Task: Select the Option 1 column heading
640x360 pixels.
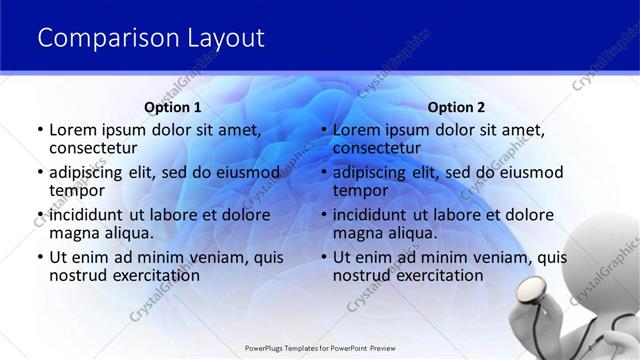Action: (173, 107)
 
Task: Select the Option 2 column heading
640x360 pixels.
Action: (456, 107)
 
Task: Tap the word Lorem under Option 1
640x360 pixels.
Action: (74, 130)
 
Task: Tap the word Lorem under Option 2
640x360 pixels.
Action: (357, 130)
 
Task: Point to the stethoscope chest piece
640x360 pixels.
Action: (530, 292)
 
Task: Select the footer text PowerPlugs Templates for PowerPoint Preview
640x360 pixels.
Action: (319, 349)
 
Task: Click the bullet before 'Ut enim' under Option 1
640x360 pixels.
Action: (39, 257)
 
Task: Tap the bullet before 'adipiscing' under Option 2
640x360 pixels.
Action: (323, 173)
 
